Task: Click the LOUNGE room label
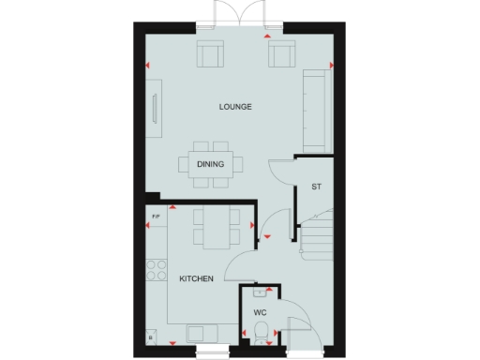(236, 108)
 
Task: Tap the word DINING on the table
(211, 165)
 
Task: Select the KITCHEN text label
(197, 278)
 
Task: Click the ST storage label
(317, 187)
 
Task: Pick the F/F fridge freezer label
(156, 218)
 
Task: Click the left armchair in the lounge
(209, 55)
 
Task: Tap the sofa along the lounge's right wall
(314, 111)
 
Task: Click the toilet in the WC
(262, 331)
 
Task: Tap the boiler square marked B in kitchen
(151, 336)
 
